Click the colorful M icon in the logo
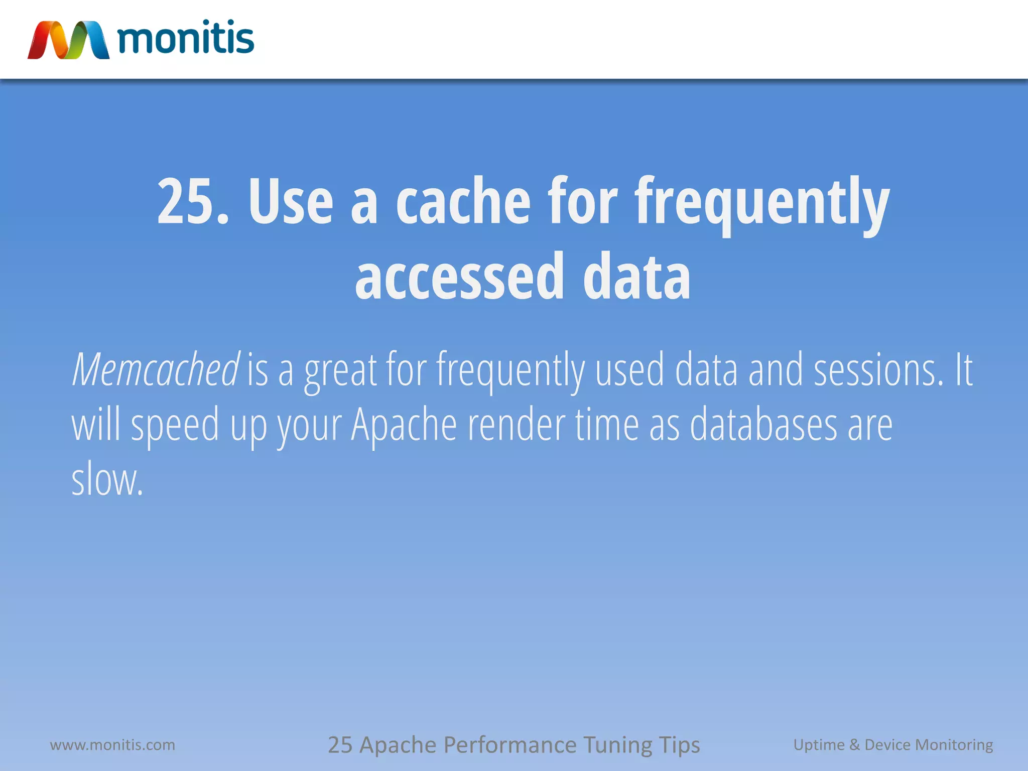[x=68, y=40]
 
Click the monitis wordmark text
[x=186, y=38]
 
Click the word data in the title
[x=636, y=277]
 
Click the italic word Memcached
[x=156, y=370]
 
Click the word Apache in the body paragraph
[x=404, y=425]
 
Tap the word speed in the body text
[x=175, y=427]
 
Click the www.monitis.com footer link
[x=112, y=744]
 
